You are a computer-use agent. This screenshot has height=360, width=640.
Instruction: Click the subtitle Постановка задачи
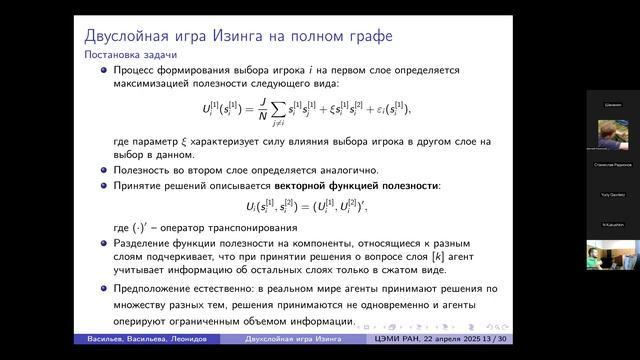coord(122,56)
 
